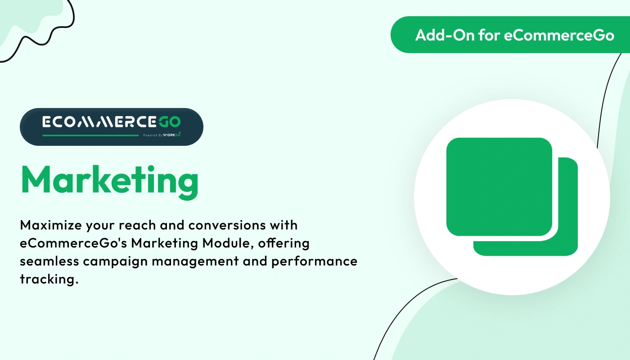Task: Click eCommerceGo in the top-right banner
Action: [559, 35]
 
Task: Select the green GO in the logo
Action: [169, 122]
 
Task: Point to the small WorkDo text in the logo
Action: [172, 135]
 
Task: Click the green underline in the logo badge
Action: [90, 135]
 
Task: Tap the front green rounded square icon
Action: [499, 187]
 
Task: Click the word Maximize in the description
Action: [50, 225]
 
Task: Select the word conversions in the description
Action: [227, 225]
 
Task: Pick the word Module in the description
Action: [226, 243]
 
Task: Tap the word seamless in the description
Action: [49, 261]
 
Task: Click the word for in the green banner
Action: [489, 35]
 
